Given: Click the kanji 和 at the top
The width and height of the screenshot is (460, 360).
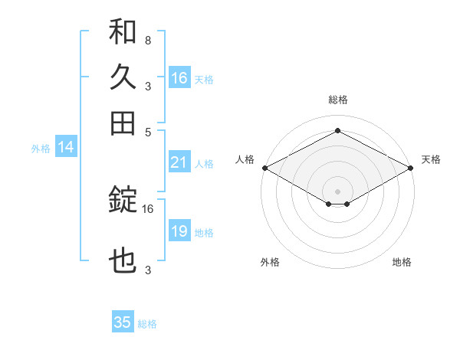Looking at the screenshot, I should click(x=123, y=33).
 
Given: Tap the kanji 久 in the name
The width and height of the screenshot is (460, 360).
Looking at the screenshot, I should click(x=123, y=78).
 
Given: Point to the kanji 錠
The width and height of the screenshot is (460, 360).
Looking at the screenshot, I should click(x=123, y=201).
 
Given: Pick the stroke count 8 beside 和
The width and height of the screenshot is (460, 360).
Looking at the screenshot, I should click(x=147, y=40).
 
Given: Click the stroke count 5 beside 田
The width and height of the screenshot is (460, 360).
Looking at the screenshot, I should click(x=147, y=131).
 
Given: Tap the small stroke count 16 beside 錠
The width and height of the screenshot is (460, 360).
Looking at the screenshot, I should click(x=148, y=208).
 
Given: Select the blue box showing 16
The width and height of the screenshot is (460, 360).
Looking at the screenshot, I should click(x=179, y=78).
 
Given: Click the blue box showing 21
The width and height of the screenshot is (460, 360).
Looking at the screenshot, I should click(x=179, y=162).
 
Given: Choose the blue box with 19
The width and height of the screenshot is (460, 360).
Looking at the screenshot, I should click(x=179, y=231).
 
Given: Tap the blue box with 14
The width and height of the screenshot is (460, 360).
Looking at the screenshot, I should click(x=66, y=148).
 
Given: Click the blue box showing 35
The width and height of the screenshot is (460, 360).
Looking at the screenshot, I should click(x=123, y=322).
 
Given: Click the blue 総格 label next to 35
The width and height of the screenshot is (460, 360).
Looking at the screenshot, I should click(x=147, y=324).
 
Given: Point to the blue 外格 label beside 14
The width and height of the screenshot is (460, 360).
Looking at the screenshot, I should click(x=40, y=149).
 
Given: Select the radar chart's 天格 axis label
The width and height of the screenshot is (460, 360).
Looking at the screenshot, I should click(x=431, y=159).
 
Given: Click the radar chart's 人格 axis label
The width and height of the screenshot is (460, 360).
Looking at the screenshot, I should click(x=245, y=159).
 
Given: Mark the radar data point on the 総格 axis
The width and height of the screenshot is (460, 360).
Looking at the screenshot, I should click(x=337, y=131).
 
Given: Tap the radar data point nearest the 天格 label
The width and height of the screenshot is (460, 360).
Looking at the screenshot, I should click(x=411, y=168).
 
